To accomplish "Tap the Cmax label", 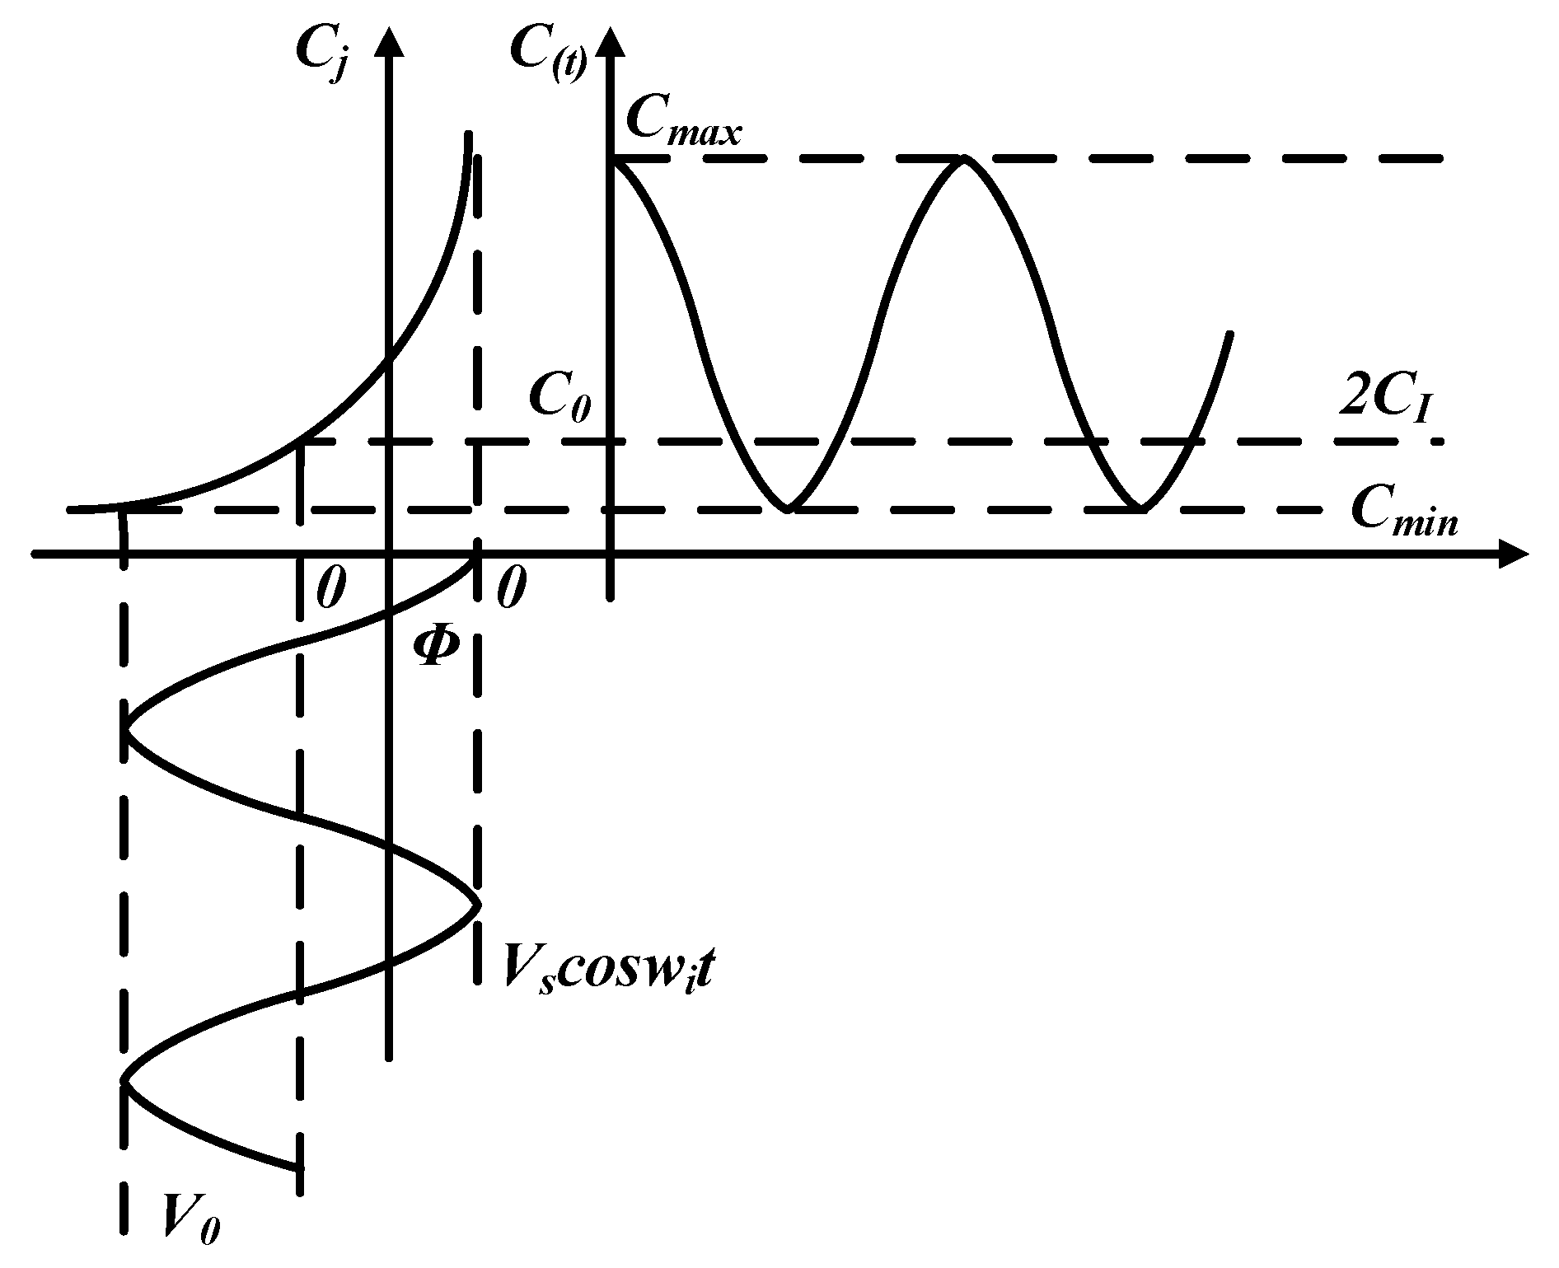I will click(683, 124).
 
